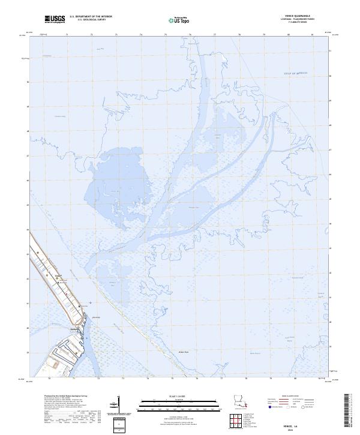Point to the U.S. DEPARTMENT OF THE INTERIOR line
click(91, 17)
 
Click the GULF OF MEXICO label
click(295, 73)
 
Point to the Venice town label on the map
click(58, 277)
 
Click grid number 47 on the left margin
click(28, 155)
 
